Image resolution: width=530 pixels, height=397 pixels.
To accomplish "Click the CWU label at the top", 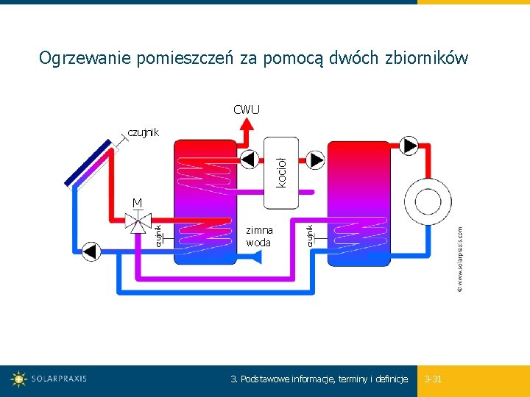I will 247,110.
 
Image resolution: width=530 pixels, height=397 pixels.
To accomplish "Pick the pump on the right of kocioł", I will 315,160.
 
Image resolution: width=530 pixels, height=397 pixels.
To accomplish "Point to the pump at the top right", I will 409,144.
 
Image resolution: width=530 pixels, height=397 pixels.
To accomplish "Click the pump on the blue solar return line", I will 91,251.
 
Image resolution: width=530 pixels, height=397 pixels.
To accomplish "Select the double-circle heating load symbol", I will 426,198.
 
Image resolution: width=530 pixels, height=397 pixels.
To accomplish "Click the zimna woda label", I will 259,236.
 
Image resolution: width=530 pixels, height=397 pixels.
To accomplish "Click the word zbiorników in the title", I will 426,58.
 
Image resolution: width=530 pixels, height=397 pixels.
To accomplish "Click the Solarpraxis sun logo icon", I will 19,379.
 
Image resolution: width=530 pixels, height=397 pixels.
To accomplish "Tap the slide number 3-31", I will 434,379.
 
